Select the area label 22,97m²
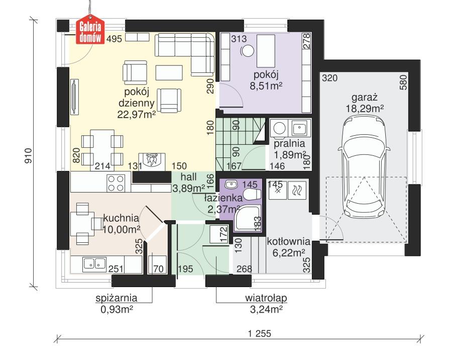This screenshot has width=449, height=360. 137,115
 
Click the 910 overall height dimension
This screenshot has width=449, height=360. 29,154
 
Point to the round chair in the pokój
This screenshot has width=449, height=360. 247,50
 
